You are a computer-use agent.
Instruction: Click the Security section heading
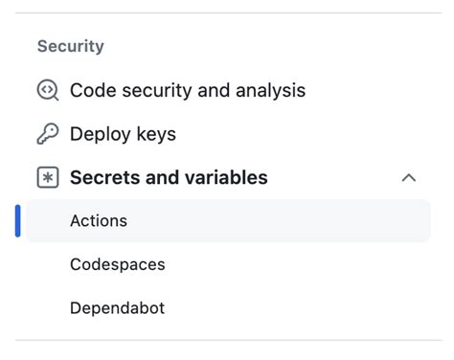70,46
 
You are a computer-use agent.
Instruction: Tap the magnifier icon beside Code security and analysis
48,90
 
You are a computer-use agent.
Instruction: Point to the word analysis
267,90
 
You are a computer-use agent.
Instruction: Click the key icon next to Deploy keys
48,134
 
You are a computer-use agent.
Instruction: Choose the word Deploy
102,134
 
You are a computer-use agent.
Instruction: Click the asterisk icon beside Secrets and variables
48,177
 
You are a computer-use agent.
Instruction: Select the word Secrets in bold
106,177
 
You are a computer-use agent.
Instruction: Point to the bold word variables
228,177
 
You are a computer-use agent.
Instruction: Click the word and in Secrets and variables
167,177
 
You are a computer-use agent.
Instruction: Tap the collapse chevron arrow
409,177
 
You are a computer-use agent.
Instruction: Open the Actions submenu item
99,220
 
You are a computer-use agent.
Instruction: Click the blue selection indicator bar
18,220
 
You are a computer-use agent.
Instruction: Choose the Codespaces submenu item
117,264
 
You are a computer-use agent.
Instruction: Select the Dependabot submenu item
117,308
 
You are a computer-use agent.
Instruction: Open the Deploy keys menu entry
123,134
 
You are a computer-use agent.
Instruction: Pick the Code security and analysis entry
188,90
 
